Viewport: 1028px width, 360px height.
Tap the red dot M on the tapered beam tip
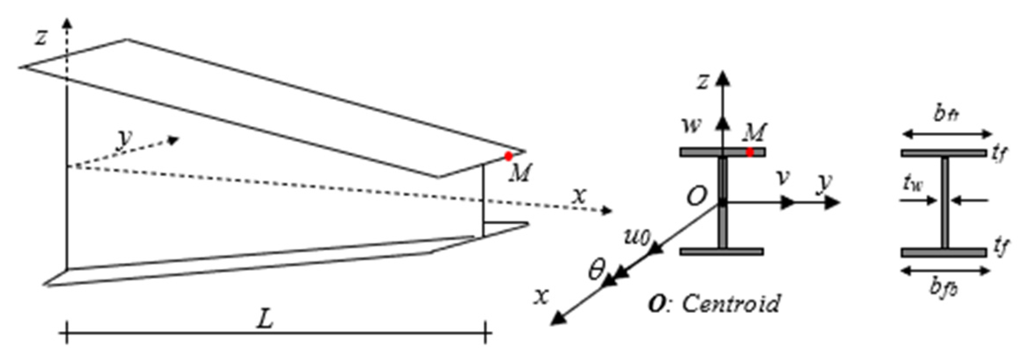tap(508, 156)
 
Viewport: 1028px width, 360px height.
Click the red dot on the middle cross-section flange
tap(750, 152)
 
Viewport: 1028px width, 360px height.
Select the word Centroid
tap(731, 303)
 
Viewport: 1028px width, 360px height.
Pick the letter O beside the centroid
tap(696, 197)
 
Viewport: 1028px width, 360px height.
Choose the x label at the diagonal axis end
tap(542, 296)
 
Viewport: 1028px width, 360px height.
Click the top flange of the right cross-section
tap(943, 153)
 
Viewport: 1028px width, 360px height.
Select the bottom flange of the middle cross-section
tap(722, 251)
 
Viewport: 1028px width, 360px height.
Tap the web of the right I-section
tap(944, 202)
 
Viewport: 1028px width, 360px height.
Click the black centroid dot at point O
tap(722, 203)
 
